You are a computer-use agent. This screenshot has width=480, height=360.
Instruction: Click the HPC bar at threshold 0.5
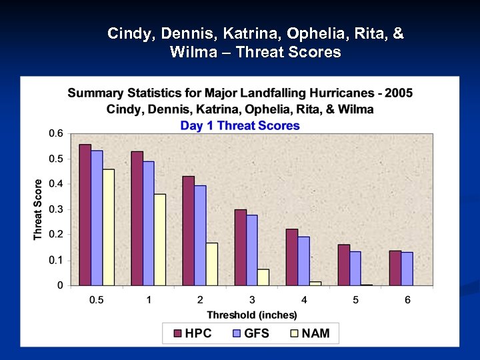pyautogui.click(x=85, y=215)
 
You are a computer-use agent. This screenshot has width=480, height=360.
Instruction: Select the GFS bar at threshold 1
pyautogui.click(x=148, y=223)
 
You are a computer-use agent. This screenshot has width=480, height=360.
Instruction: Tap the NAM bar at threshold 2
pyautogui.click(x=211, y=264)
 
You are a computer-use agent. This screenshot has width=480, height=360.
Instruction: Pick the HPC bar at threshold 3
pyautogui.click(x=240, y=247)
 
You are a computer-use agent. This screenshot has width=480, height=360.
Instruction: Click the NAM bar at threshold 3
pyautogui.click(x=263, y=277)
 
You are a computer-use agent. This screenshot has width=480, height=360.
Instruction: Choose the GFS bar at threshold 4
pyautogui.click(x=304, y=261)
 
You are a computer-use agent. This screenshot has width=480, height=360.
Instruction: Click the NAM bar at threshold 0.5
pyautogui.click(x=109, y=227)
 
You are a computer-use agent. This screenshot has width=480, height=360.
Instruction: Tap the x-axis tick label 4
pyautogui.click(x=304, y=299)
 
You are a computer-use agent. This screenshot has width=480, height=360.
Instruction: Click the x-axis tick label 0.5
pyautogui.click(x=97, y=299)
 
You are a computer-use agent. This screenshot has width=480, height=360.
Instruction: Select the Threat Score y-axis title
pyautogui.click(x=38, y=209)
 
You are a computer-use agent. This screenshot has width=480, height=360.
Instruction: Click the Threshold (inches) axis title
pyautogui.click(x=252, y=315)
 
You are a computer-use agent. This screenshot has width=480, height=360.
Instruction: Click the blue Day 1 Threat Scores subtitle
pyautogui.click(x=240, y=125)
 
